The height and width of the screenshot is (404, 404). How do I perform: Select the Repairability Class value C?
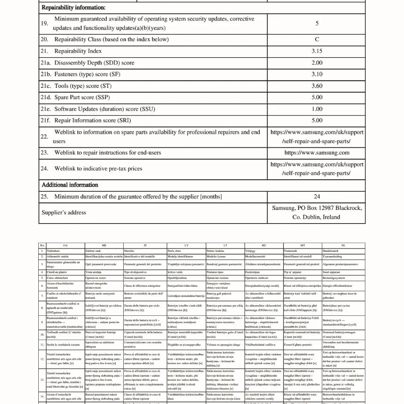pyautogui.click(x=317, y=39)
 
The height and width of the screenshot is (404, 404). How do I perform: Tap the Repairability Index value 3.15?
pyautogui.click(x=317, y=51)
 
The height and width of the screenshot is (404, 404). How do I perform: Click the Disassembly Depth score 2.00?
pyautogui.click(x=317, y=63)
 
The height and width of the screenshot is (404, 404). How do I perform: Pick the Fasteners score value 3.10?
pyautogui.click(x=317, y=74)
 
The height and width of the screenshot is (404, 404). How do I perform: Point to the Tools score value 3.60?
pyautogui.click(x=317, y=86)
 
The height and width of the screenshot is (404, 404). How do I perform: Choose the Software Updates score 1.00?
pyautogui.click(x=317, y=109)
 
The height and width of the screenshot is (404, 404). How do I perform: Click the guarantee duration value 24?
pyautogui.click(x=317, y=197)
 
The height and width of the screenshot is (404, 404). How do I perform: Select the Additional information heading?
pyautogui.click(x=70, y=185)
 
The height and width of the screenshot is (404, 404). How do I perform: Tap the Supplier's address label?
pyautogui.click(x=64, y=213)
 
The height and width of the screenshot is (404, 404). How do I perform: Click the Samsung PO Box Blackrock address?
pyautogui.click(x=317, y=212)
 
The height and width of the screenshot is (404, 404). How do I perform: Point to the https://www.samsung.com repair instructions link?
pyautogui.click(x=317, y=153)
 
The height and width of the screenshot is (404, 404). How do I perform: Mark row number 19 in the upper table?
pyautogui.click(x=44, y=23)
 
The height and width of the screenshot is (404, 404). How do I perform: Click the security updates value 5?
pyautogui.click(x=317, y=23)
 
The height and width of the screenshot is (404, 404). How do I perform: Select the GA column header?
pyautogui.click(x=65, y=245)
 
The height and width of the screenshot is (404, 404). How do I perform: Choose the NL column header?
pyautogui.click(x=343, y=245)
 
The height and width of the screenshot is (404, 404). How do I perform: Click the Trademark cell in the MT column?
pyautogui.click(x=291, y=251)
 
